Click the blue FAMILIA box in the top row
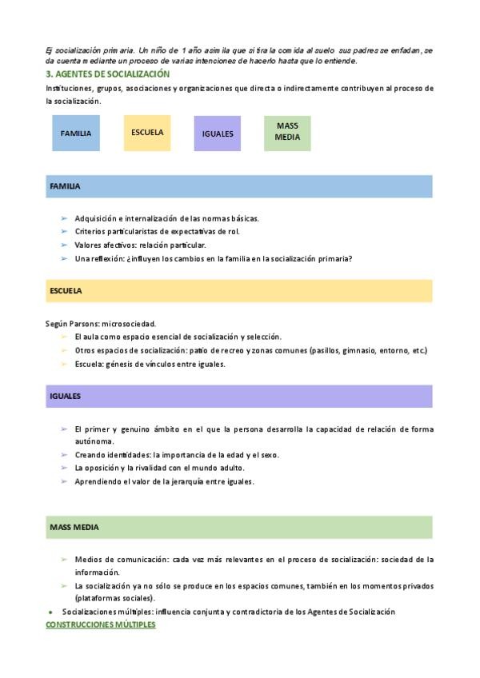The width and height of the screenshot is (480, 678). [76, 134]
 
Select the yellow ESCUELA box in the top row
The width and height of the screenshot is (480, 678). [147, 133]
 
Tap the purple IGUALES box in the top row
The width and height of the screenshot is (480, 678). [218, 134]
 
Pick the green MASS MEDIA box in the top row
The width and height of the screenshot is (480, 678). [287, 132]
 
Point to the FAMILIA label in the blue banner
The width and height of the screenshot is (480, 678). [65, 186]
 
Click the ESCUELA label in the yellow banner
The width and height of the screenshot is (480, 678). [66, 291]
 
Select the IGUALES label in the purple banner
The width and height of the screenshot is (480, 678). [65, 396]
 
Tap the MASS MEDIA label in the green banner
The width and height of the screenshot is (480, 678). [74, 528]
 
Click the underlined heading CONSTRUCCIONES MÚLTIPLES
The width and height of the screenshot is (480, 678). [101, 624]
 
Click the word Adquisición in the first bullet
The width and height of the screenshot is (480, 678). [96, 218]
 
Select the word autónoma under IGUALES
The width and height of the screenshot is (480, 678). [94, 441]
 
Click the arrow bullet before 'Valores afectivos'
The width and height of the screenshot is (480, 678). [63, 245]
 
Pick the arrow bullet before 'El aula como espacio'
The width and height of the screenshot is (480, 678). [63, 337]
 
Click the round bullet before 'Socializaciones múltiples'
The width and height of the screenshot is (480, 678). [50, 612]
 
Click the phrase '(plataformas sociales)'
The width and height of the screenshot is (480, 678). [115, 598]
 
